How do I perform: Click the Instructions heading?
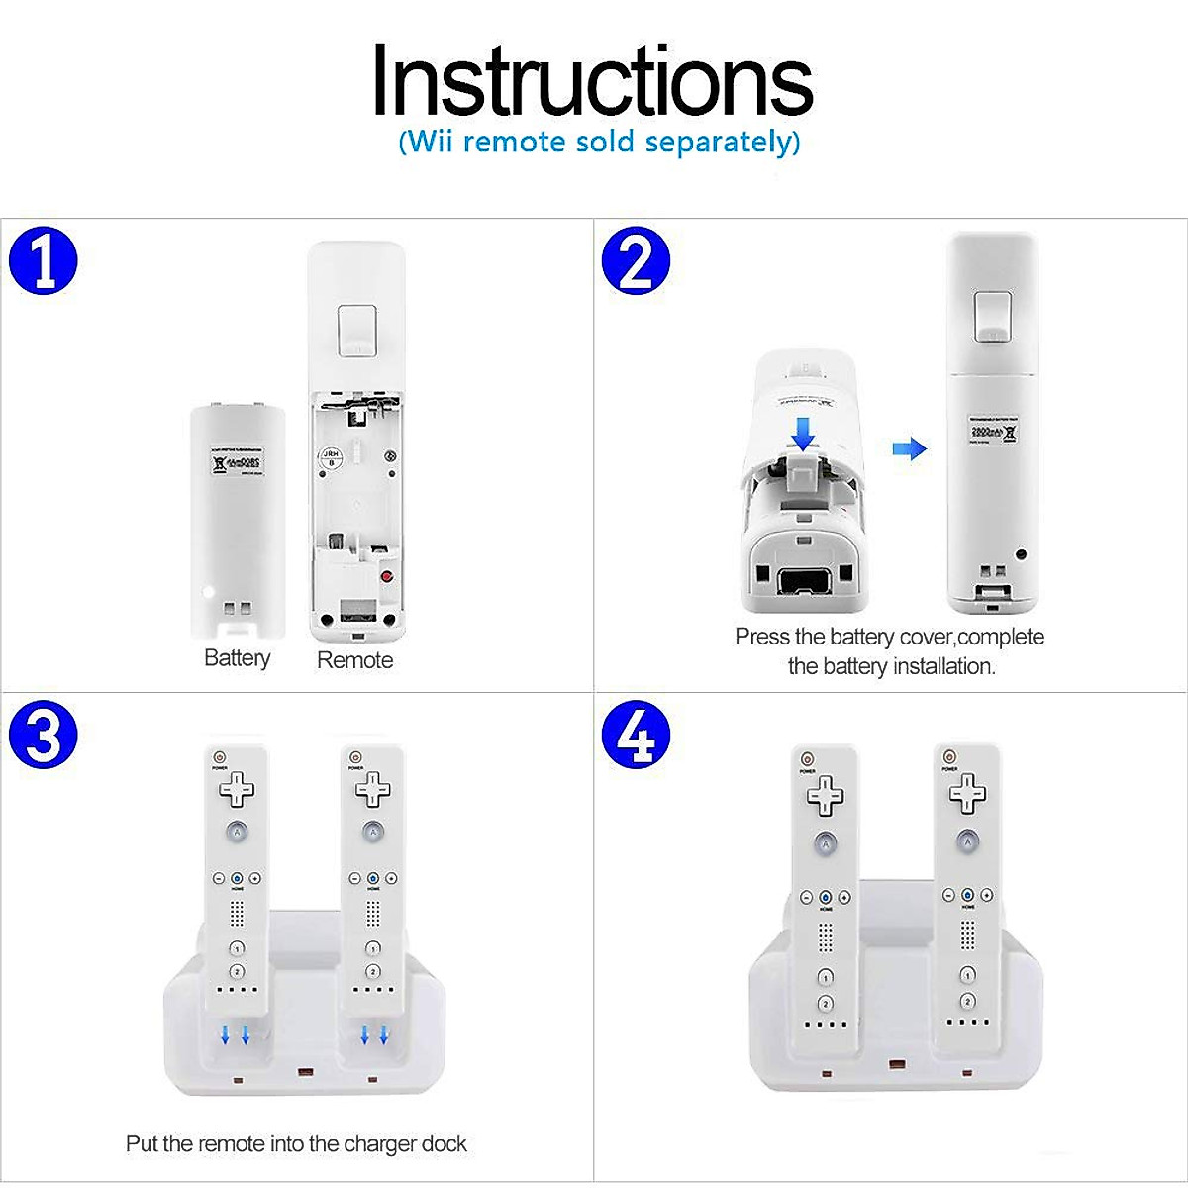pyautogui.click(x=592, y=81)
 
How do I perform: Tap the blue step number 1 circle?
pyautogui.click(x=44, y=261)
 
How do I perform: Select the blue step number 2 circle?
pyautogui.click(x=636, y=261)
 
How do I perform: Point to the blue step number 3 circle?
pyautogui.click(x=44, y=736)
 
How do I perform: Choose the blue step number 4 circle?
pyautogui.click(x=636, y=736)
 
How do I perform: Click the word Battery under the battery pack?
pyautogui.click(x=237, y=658)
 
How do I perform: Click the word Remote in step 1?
pyautogui.click(x=354, y=660)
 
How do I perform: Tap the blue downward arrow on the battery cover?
pyautogui.click(x=804, y=433)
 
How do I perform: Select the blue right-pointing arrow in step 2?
pyautogui.click(x=909, y=449)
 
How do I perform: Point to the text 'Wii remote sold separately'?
pyautogui.click(x=599, y=142)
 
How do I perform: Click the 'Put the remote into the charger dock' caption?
pyautogui.click(x=296, y=1144)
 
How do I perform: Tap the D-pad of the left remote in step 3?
pyautogui.click(x=237, y=789)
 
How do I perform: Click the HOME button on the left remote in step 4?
pyautogui.click(x=825, y=898)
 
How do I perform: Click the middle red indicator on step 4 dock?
pyautogui.click(x=896, y=1064)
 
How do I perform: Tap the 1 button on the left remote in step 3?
pyautogui.click(x=237, y=949)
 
